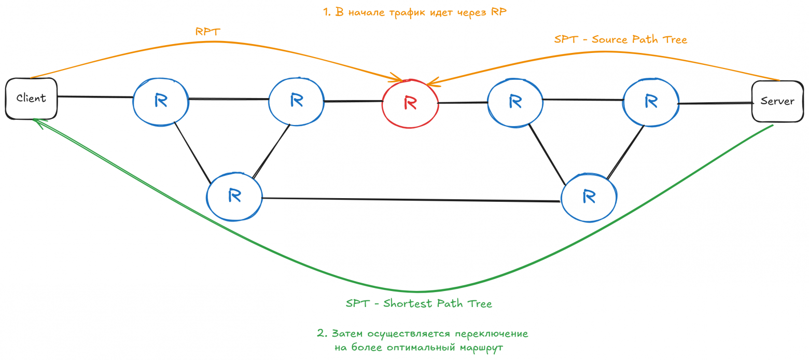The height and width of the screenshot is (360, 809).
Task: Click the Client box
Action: coord(31,98)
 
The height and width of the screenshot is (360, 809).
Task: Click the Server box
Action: coord(777,101)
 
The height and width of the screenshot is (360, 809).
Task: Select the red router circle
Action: coord(410,103)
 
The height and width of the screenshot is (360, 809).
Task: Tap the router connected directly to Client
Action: coord(160,101)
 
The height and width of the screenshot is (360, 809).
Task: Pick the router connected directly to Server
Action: coord(650,101)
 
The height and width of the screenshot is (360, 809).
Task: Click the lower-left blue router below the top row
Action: coord(234,196)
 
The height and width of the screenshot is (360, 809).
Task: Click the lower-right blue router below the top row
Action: coord(588,197)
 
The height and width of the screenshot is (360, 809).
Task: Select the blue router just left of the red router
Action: coord(296,101)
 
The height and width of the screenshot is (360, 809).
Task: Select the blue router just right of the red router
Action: coord(515,102)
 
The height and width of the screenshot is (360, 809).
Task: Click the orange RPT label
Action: coord(207,32)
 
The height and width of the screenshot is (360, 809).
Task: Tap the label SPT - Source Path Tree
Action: coord(620,39)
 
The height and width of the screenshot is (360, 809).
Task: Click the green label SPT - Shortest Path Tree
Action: coord(419,304)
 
